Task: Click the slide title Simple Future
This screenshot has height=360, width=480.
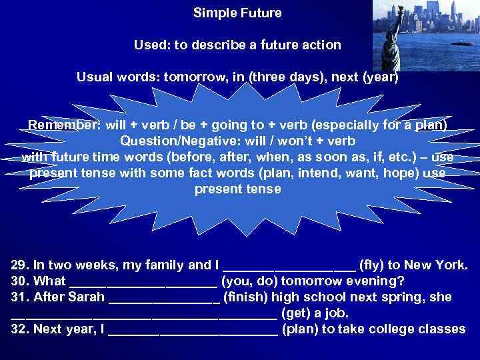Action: click(237, 13)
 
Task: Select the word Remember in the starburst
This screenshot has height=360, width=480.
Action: click(63, 125)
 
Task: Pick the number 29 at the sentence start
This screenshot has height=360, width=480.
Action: click(20, 265)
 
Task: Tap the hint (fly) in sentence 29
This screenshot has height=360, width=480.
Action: click(375, 265)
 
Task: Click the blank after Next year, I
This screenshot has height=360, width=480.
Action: click(192, 330)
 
